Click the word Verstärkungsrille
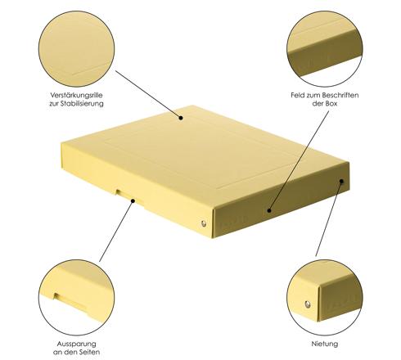tap(76, 95)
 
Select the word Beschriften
tap(340, 95)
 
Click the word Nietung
tap(325, 344)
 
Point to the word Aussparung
tap(77, 344)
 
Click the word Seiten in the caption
tap(88, 352)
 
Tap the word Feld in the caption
tap(298, 95)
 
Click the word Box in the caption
tap(331, 104)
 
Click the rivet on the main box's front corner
tap(204, 223)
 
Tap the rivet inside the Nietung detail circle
tap(308, 304)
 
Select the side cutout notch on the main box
tap(129, 196)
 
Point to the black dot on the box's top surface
tap(181, 118)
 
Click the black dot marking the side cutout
tap(133, 201)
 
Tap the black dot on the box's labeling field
tap(269, 210)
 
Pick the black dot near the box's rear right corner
tap(341, 181)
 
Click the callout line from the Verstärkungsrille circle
tap(147, 94)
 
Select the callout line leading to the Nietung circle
tap(328, 218)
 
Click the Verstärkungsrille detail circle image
tap(76, 49)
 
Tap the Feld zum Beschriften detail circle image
tap(325, 49)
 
